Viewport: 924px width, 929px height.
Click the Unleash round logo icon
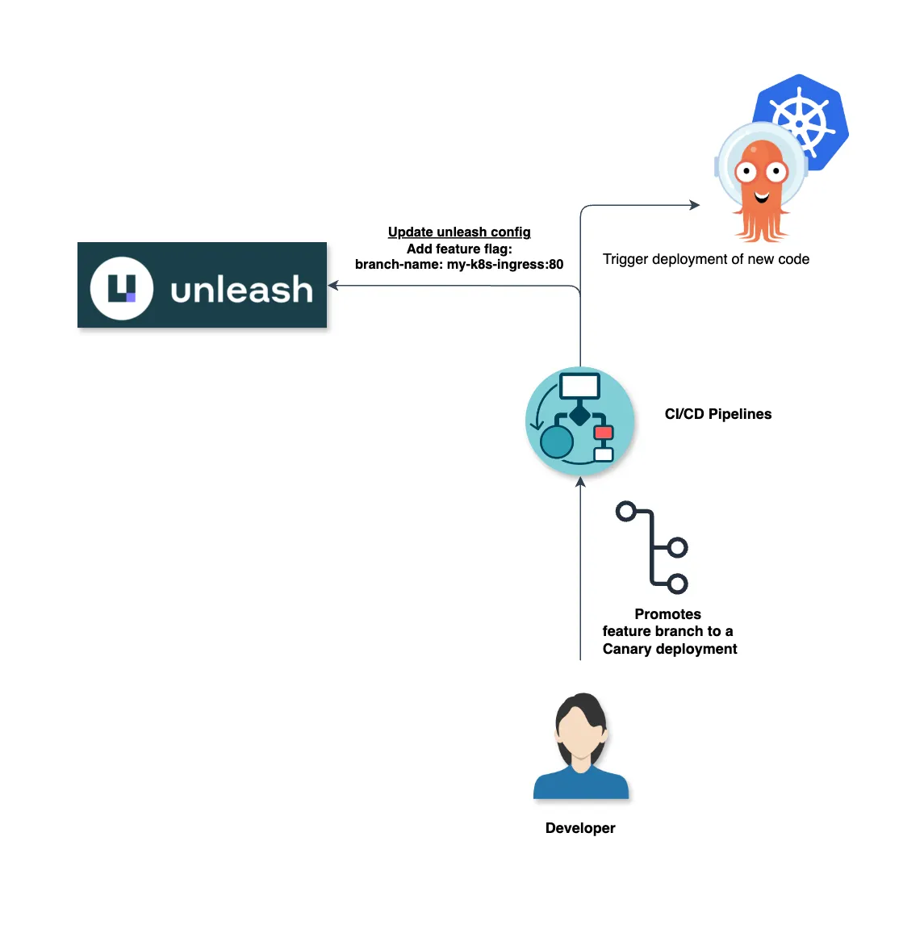(x=122, y=288)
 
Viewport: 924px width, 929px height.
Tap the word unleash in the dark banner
(x=242, y=289)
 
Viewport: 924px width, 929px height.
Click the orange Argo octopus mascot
(x=761, y=190)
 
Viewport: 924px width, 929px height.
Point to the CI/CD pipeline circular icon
(x=579, y=421)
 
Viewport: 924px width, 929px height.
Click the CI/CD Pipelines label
(x=717, y=414)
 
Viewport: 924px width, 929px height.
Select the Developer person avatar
(x=581, y=747)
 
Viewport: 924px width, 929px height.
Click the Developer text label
(x=580, y=828)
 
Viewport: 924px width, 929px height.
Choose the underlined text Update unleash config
(x=459, y=232)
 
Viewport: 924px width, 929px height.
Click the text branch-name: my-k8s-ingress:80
(x=459, y=265)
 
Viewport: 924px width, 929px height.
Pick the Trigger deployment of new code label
(x=705, y=259)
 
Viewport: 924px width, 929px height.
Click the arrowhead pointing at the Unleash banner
(x=332, y=286)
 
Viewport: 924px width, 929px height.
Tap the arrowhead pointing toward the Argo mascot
(x=695, y=205)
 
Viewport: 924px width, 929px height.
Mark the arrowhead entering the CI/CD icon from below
(x=580, y=483)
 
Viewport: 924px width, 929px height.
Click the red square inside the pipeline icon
(x=604, y=433)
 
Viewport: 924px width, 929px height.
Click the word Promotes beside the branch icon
(x=667, y=614)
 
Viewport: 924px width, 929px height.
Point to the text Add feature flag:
(x=459, y=249)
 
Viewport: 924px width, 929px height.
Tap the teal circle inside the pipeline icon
(x=557, y=442)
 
